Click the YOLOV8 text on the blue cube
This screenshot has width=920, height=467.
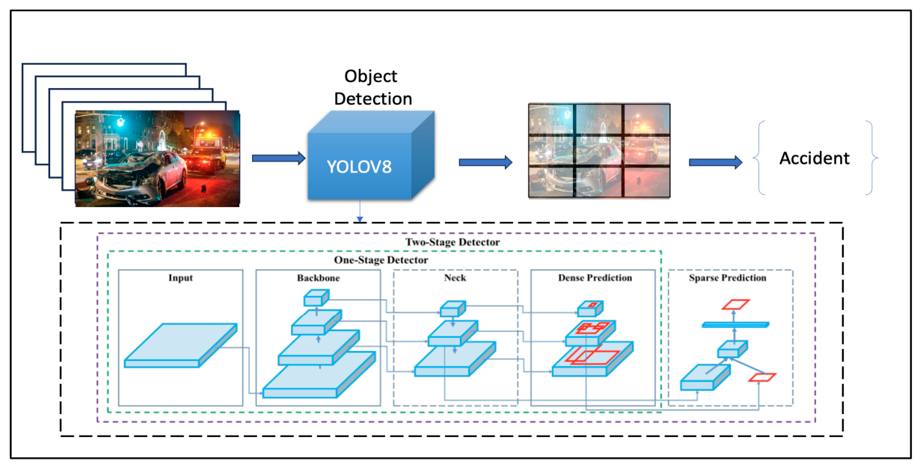359,167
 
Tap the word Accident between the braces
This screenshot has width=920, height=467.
815,158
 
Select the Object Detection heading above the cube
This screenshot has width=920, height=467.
372,87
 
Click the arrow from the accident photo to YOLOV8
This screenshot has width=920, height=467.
279,158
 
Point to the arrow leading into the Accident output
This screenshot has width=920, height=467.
716,162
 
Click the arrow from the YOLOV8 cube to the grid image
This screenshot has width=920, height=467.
485,162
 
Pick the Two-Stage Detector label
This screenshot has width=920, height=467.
453,242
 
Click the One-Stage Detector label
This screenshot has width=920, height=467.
381,260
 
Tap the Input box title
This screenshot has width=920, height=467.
181,278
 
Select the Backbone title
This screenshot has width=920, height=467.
319,278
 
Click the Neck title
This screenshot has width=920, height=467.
455,278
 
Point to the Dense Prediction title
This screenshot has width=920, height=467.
595,278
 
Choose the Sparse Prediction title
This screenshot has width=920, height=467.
728,278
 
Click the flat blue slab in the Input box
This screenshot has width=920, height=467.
181,345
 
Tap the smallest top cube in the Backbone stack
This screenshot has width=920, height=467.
316,297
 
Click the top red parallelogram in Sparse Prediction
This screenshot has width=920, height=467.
735,305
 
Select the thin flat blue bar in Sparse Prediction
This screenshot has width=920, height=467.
735,325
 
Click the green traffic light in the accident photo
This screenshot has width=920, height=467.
120,122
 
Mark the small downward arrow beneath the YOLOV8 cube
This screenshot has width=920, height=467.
360,211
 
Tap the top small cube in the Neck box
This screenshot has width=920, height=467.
453,309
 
